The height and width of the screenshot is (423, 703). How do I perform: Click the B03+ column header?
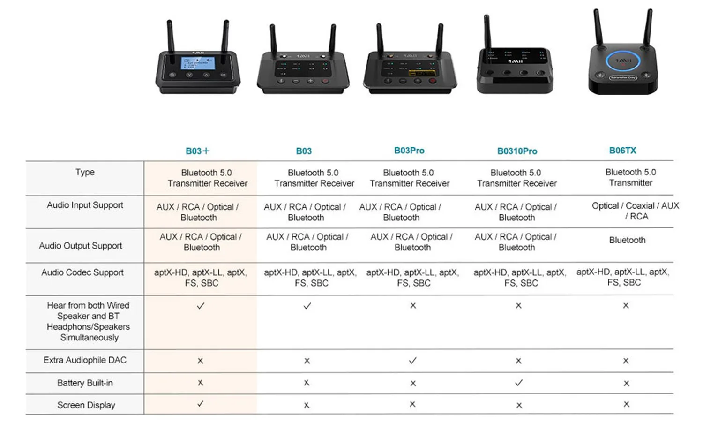[197, 151]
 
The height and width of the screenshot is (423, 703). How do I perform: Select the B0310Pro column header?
[517, 151]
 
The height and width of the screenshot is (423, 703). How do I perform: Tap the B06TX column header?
[622, 151]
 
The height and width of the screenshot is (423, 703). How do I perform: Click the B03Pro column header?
[409, 151]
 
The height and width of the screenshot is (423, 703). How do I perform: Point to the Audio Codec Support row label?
[82, 272]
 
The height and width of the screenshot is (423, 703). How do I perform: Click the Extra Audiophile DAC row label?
[85, 360]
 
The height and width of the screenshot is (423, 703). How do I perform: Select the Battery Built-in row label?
[85, 383]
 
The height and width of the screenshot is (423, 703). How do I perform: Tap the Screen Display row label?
[86, 405]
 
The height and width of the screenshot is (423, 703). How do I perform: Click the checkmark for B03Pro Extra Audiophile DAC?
[412, 361]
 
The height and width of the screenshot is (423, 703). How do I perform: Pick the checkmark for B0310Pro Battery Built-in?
[518, 383]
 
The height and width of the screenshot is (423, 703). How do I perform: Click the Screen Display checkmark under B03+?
[200, 404]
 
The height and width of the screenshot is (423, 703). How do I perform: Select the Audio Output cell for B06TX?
[627, 240]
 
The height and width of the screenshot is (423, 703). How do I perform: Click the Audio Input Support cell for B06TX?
[635, 211]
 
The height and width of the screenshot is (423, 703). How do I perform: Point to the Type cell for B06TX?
[630, 178]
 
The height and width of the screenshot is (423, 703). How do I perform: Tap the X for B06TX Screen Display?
[627, 404]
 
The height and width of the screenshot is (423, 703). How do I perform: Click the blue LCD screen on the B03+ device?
[198, 63]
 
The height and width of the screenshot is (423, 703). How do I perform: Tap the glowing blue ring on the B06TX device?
[623, 61]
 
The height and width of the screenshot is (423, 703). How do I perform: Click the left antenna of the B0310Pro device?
[487, 31]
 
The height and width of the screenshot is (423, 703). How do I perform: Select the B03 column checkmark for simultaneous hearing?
[307, 306]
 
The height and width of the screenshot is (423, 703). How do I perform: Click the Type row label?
[85, 173]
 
